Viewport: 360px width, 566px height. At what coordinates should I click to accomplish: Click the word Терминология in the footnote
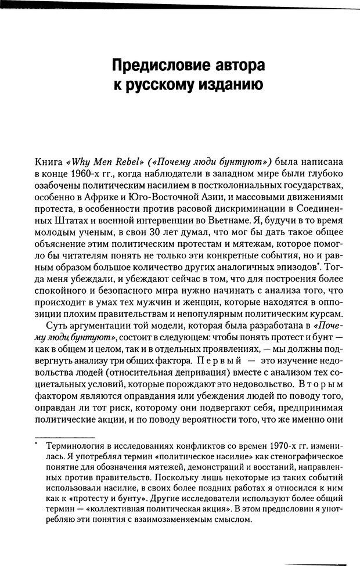pos(76,446)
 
